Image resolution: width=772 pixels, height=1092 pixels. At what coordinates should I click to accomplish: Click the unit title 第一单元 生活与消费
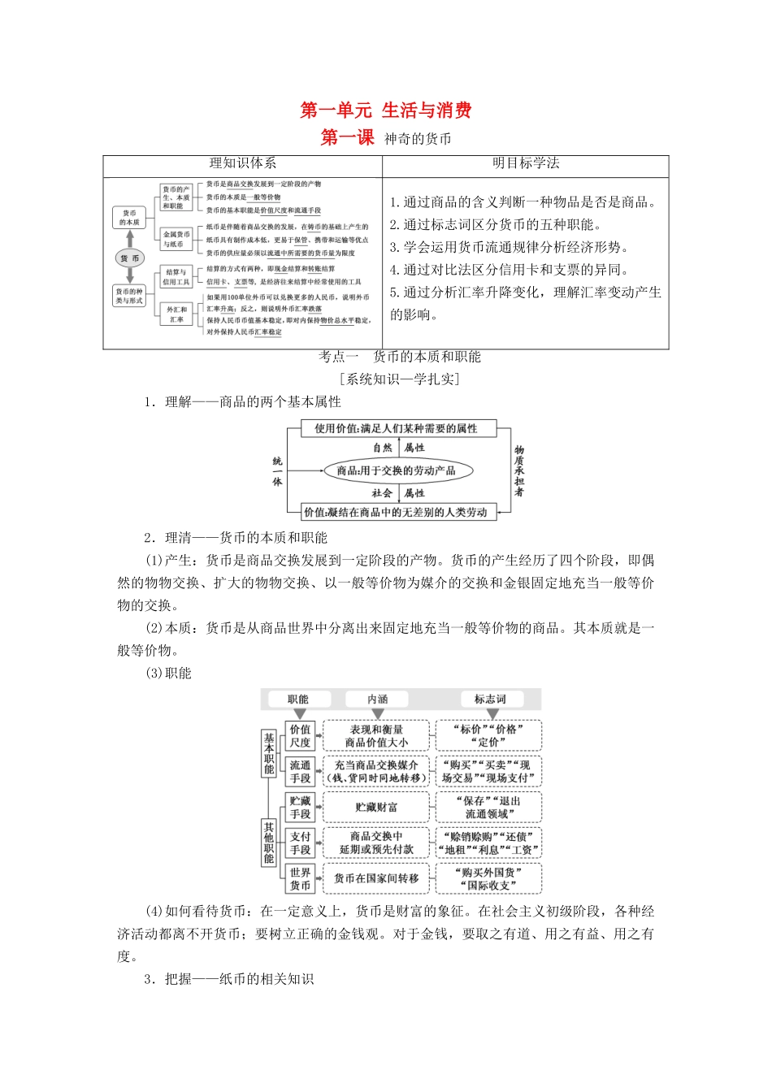386,110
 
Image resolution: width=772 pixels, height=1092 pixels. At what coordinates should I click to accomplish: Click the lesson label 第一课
347,138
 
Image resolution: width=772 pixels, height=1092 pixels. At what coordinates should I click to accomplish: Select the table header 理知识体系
242,163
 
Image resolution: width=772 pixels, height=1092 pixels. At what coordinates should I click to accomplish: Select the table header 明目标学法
526,163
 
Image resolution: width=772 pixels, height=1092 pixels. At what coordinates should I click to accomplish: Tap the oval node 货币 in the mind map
130,258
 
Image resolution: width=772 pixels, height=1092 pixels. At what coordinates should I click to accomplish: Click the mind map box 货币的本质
129,218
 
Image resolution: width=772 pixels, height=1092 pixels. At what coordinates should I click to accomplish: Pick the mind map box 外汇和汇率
176,314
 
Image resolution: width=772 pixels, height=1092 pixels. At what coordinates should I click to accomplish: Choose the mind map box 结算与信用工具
176,277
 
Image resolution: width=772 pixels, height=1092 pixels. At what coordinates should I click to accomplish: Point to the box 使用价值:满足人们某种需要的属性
397,428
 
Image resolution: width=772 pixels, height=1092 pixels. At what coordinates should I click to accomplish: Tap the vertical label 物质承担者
519,470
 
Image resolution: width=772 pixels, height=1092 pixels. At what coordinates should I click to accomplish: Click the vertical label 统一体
277,471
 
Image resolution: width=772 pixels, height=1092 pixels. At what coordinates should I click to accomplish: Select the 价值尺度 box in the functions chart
300,735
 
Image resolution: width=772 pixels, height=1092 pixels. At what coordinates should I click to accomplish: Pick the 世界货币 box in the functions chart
300,878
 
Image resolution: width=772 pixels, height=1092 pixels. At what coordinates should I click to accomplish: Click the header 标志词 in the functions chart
489,699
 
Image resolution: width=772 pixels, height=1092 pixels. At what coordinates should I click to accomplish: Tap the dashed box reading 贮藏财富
376,807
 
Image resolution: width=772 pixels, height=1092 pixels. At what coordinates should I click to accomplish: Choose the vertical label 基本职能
269,753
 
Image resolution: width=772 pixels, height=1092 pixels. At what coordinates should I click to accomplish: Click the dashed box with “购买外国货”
489,878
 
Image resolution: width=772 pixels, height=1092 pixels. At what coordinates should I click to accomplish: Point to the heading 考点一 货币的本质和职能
400,357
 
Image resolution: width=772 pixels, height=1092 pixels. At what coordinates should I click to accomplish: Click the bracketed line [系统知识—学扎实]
399,379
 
